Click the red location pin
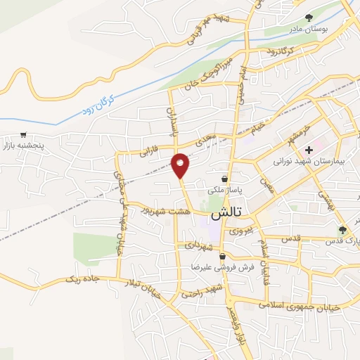181,165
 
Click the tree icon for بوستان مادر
308,18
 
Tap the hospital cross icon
309,150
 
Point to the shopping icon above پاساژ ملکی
224,179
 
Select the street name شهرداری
199,247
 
